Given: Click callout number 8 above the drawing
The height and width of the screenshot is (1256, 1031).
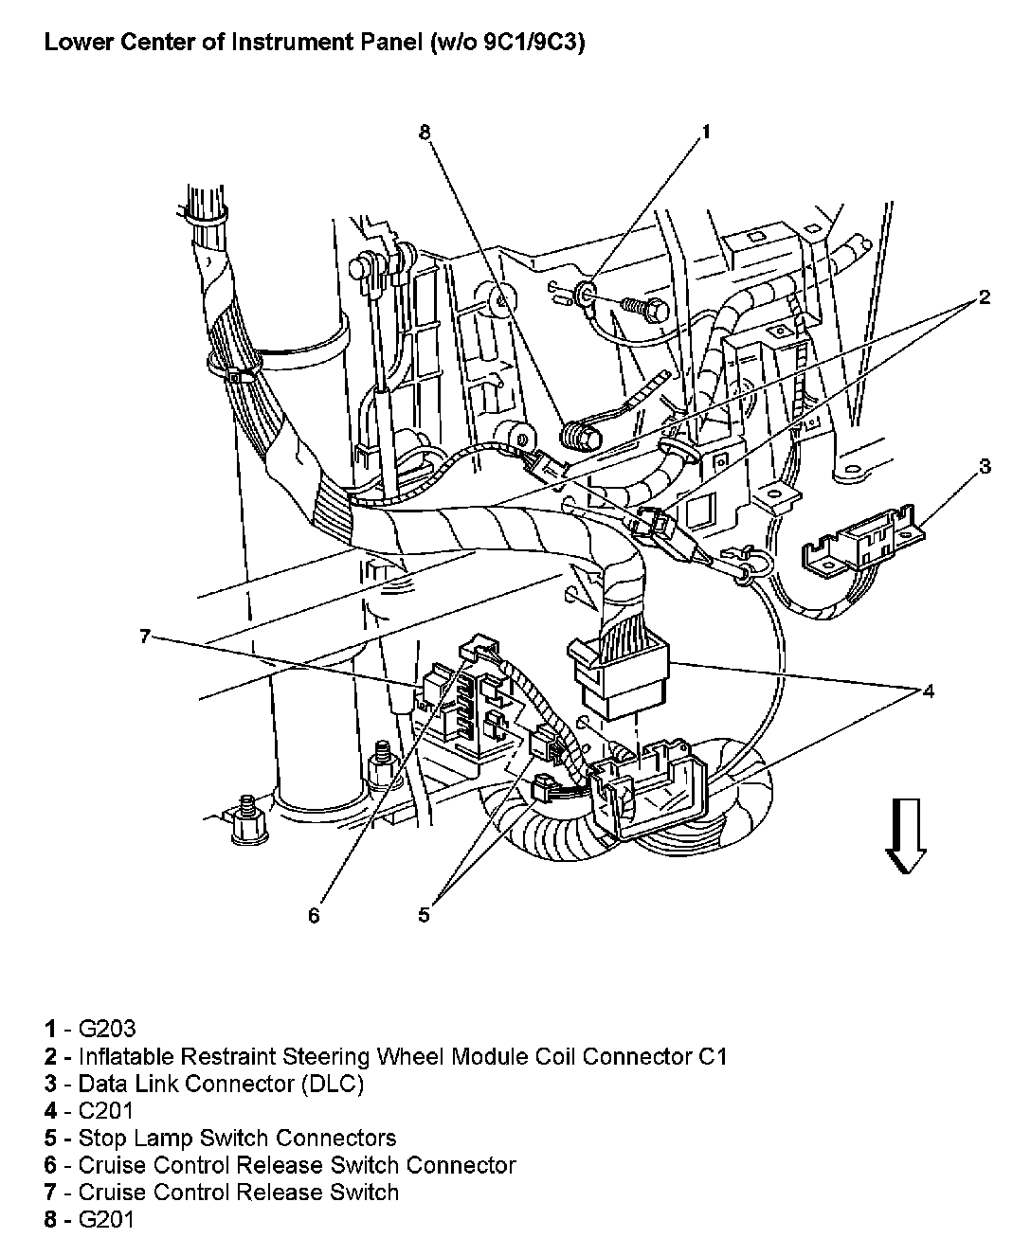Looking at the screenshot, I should (425, 133).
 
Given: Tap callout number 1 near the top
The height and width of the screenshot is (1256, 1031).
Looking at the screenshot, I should (705, 133).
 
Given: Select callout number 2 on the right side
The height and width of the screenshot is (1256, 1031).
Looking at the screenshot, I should (985, 297).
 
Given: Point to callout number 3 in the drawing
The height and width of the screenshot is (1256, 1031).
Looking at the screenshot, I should (985, 466).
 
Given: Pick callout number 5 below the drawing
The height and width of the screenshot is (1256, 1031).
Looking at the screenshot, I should (424, 915).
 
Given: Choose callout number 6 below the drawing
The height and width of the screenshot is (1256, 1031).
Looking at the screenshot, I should (314, 915).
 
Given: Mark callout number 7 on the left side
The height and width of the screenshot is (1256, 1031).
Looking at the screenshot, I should (145, 637).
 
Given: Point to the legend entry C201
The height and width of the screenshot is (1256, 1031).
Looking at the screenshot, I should (106, 1110).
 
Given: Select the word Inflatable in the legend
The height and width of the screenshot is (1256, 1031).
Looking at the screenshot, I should (124, 1055).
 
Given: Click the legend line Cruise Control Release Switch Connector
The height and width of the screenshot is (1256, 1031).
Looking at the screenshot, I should (297, 1165).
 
